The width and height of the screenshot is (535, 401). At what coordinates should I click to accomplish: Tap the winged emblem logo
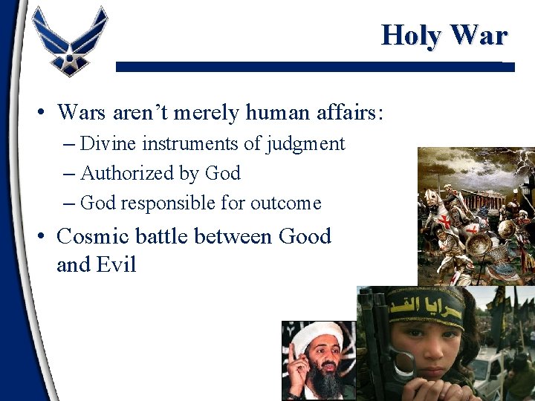point(70,41)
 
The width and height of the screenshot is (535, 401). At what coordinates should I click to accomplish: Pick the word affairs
point(354,112)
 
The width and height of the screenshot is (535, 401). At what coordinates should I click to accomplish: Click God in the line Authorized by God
point(222,173)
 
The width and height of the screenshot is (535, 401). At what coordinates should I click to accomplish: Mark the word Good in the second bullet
point(305,236)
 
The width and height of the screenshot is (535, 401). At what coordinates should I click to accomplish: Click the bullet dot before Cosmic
point(42,236)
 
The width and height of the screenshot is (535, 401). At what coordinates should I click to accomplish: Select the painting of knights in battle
point(476,215)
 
